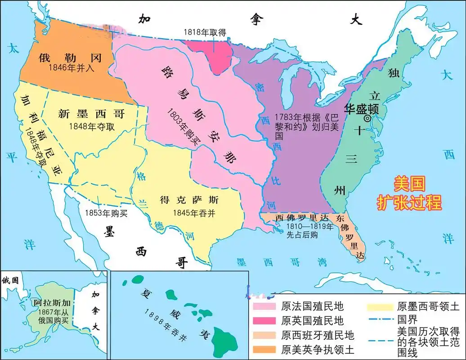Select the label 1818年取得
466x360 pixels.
[204, 32]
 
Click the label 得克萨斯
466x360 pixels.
[189, 199]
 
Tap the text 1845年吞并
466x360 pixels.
[191, 212]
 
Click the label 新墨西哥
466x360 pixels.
[91, 114]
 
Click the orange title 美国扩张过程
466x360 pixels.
[409, 193]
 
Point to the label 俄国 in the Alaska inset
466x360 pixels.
[10, 280]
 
